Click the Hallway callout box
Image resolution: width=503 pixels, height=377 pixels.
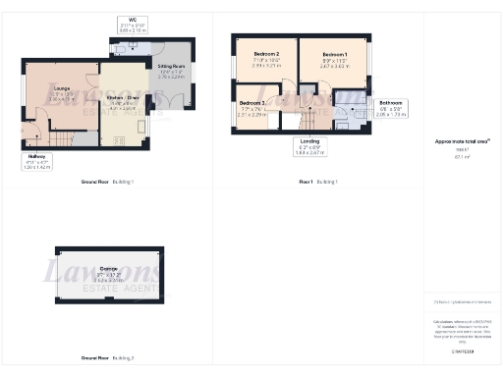tap(34, 162)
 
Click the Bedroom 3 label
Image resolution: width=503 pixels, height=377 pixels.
tap(252, 103)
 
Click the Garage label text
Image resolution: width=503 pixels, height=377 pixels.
tap(108, 267)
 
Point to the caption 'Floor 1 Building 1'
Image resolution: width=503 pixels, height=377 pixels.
tap(318, 183)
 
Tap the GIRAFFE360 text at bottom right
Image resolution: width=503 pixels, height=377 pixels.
tap(462, 350)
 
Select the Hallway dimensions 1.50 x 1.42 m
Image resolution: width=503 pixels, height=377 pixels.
tap(34, 168)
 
